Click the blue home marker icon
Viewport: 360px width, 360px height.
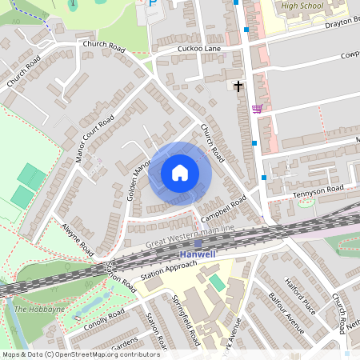[x=180, y=173]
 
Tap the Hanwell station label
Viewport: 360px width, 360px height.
[x=197, y=254]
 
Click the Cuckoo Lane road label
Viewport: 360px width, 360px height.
[x=198, y=49]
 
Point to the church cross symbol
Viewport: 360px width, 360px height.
[x=238, y=85]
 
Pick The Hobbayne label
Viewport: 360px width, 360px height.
[x=32, y=309]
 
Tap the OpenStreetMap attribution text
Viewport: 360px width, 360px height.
[x=81, y=354]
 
